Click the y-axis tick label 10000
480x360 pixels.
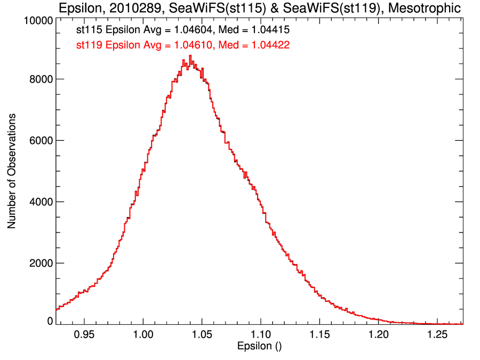[x=38, y=21]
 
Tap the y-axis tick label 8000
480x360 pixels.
[x=41, y=79]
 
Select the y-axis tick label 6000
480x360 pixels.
[x=41, y=140]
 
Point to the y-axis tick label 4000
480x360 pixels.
[x=41, y=202]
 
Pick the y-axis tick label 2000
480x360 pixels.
[x=41, y=263]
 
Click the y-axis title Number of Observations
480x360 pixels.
[x=11, y=171]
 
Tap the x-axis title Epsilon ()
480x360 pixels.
[x=259, y=346]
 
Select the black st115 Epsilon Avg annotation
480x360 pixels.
[x=183, y=31]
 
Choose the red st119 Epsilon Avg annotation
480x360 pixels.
[x=183, y=45]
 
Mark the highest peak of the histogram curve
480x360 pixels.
[x=190, y=55]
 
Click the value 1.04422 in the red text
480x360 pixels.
[x=269, y=45]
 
